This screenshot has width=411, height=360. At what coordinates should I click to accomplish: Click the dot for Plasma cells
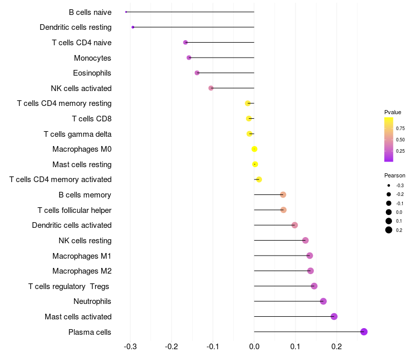pyautogui.click(x=364, y=332)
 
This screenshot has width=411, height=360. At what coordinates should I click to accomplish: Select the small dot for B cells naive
pyautogui.click(x=126, y=12)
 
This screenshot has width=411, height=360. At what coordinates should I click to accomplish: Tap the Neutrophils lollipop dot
pyautogui.click(x=323, y=301)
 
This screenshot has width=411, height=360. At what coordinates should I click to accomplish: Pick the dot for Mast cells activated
pyautogui.click(x=334, y=316)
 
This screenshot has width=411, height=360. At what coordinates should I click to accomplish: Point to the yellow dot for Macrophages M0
pyautogui.click(x=254, y=149)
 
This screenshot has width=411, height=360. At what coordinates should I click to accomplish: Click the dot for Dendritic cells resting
pyautogui.click(x=133, y=27)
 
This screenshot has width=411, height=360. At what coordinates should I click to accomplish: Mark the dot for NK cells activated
pyautogui.click(x=211, y=88)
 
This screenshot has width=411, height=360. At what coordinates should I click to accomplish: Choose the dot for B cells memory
pyautogui.click(x=283, y=194)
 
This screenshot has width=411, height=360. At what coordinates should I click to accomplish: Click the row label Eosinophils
pyautogui.click(x=92, y=73)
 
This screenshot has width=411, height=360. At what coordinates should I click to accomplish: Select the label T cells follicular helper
pyautogui.click(x=74, y=210)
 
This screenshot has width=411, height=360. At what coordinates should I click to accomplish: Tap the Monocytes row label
pyautogui.click(x=92, y=58)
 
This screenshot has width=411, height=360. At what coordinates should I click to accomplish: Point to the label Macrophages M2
pyautogui.click(x=82, y=271)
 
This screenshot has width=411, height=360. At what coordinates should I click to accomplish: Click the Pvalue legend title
pyautogui.click(x=393, y=112)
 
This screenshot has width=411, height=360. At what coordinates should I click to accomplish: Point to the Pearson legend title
pyautogui.click(x=395, y=175)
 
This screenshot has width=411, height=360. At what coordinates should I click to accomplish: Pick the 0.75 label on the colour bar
pyautogui.click(x=400, y=129)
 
